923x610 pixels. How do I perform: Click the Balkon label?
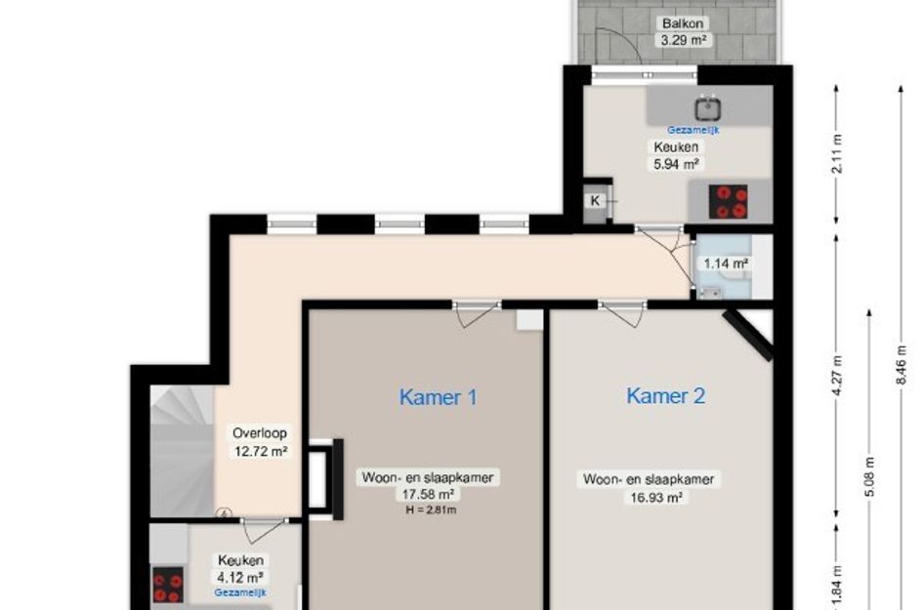tap(683, 23)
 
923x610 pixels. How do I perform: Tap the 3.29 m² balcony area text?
tap(683, 40)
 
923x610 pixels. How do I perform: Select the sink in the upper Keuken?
tap(705, 107)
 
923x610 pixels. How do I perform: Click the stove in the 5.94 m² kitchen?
tap(731, 201)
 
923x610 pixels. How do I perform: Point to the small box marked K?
tap(596, 201)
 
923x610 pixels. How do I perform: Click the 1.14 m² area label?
tap(726, 263)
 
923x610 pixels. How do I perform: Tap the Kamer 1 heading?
tap(439, 397)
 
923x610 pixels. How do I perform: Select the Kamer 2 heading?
tap(665, 395)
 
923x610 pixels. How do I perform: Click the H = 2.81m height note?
tap(431, 509)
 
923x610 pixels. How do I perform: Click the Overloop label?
tap(260, 433)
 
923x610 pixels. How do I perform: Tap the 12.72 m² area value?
tap(260, 451)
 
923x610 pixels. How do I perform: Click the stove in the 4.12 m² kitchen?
tap(167, 586)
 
